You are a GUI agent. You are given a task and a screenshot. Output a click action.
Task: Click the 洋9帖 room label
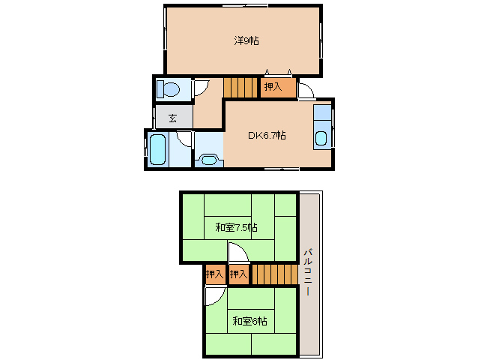[246, 40]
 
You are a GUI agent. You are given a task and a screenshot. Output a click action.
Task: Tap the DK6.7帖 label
[267, 135]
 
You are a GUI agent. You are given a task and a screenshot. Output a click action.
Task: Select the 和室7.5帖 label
[236, 227]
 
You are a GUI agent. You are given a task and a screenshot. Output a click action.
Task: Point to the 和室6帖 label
[250, 321]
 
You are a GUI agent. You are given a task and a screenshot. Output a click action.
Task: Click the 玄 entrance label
[172, 118]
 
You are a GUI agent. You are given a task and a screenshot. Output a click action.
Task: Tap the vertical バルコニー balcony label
[308, 272]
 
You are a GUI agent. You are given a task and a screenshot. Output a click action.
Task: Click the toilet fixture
[168, 89]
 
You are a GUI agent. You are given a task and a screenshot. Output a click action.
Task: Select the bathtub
[157, 149]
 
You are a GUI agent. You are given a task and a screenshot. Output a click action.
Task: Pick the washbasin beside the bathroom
[209, 159]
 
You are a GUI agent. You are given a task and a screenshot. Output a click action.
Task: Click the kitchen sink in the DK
[321, 138]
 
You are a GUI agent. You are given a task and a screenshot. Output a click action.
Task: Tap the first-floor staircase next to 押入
[240, 88]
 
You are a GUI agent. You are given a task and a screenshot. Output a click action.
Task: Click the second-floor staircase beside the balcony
[275, 274]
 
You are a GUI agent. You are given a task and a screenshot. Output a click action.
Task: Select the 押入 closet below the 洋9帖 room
[278, 88]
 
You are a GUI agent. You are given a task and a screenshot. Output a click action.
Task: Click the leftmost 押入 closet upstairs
[215, 274]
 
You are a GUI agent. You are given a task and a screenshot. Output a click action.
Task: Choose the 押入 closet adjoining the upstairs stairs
[239, 274]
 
